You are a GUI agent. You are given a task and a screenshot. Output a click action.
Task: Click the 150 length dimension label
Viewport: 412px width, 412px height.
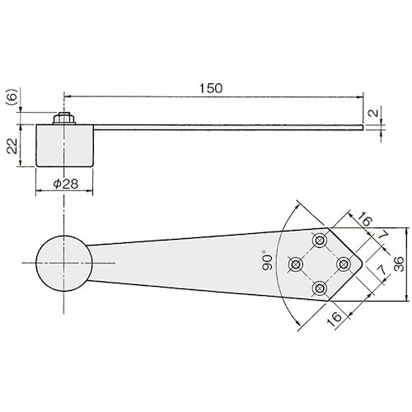(211, 88)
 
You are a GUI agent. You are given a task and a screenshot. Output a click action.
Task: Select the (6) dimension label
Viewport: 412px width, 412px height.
(12, 96)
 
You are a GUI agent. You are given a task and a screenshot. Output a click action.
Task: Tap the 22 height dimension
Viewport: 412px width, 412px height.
(12, 146)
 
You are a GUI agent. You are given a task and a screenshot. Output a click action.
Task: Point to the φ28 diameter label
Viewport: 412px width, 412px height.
(66, 184)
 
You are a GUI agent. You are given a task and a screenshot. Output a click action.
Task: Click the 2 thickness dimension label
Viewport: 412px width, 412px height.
(373, 113)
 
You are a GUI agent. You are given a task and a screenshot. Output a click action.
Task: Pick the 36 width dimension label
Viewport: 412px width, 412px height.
(399, 264)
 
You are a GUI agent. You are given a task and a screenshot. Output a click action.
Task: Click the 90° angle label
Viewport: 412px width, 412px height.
(267, 260)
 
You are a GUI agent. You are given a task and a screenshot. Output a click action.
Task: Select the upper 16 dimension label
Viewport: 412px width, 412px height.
(364, 219)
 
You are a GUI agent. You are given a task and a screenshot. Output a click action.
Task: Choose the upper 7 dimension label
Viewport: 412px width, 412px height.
(382, 235)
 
